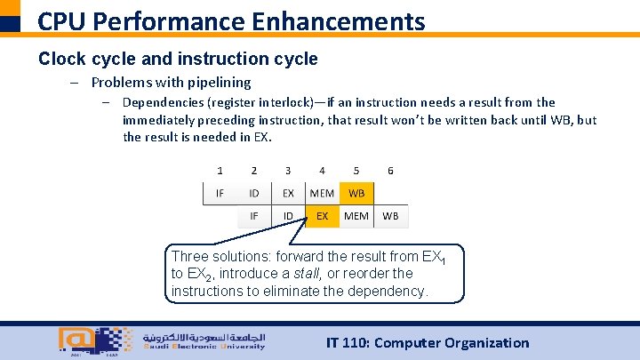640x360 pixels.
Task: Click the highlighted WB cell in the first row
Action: click(x=356, y=193)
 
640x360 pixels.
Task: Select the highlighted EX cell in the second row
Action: click(x=322, y=215)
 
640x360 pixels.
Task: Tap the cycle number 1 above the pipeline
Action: click(x=220, y=170)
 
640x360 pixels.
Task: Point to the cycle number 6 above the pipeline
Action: click(x=390, y=170)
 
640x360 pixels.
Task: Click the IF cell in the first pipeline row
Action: click(x=220, y=193)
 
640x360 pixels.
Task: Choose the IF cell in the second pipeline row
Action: click(x=254, y=215)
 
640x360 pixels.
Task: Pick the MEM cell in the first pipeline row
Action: click(x=322, y=193)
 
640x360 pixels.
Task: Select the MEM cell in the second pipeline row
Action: click(x=356, y=215)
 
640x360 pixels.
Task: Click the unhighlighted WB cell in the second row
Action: click(x=390, y=215)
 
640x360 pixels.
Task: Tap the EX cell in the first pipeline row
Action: click(x=288, y=193)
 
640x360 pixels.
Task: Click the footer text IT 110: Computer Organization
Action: click(x=428, y=342)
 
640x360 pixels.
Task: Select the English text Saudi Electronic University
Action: click(x=204, y=347)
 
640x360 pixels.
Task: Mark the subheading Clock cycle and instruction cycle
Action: click(x=178, y=59)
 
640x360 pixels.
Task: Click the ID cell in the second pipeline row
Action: click(x=288, y=215)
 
